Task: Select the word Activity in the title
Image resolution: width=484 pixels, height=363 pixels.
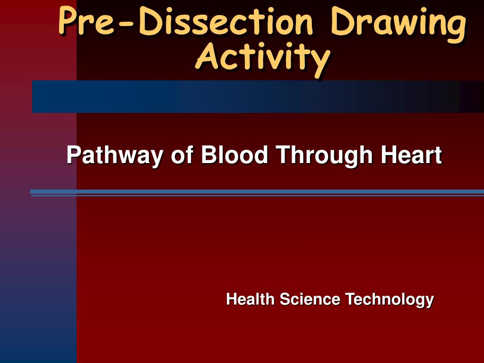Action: pos(262,58)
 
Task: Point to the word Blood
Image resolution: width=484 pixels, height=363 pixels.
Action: pos(234,155)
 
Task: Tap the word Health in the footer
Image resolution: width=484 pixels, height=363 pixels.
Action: pos(250,299)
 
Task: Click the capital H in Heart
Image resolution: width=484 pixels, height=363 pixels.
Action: pos(388,155)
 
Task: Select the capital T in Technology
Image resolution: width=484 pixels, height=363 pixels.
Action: pos(349,299)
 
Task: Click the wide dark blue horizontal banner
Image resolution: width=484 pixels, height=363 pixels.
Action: pos(246,96)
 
